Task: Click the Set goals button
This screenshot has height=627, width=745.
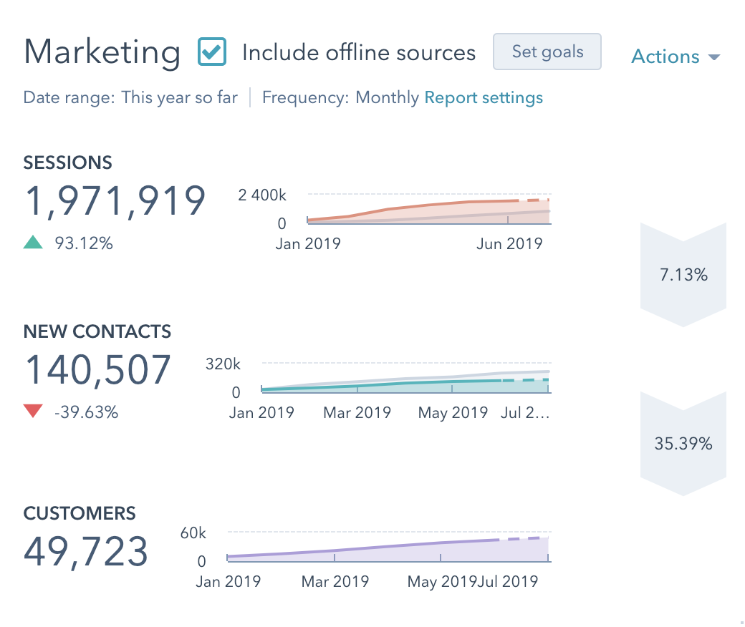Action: click(x=547, y=52)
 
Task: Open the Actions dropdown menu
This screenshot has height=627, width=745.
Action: click(x=675, y=57)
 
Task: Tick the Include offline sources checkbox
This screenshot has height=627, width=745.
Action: click(x=212, y=52)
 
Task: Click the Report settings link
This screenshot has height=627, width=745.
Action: click(x=484, y=97)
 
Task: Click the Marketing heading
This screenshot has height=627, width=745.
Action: click(x=102, y=52)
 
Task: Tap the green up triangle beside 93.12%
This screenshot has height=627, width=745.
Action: click(x=33, y=243)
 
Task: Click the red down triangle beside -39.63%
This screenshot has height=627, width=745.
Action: click(x=33, y=412)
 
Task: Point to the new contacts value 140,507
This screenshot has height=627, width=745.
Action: click(x=98, y=369)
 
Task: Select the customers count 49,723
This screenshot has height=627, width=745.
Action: click(x=86, y=551)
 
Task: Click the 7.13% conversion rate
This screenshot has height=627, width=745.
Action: click(x=683, y=274)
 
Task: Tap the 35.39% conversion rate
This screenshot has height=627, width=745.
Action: click(x=683, y=444)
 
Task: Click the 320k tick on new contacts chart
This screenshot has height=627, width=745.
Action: click(x=223, y=364)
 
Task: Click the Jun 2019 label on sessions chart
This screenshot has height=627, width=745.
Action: click(x=509, y=243)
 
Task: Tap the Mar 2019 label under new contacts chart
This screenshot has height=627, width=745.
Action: click(x=357, y=413)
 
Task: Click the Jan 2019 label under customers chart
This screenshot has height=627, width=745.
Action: click(x=228, y=581)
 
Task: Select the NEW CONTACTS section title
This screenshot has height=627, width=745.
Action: click(x=97, y=331)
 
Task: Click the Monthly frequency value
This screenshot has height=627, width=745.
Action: click(x=387, y=97)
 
